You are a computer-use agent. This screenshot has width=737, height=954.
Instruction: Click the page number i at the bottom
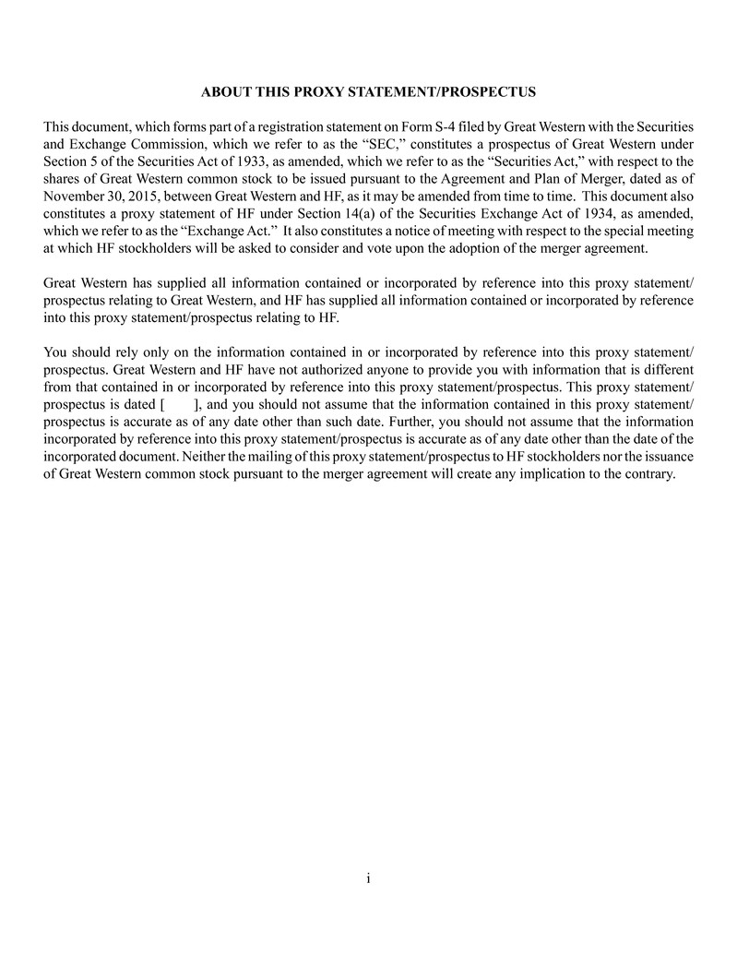pyautogui.click(x=368, y=877)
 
